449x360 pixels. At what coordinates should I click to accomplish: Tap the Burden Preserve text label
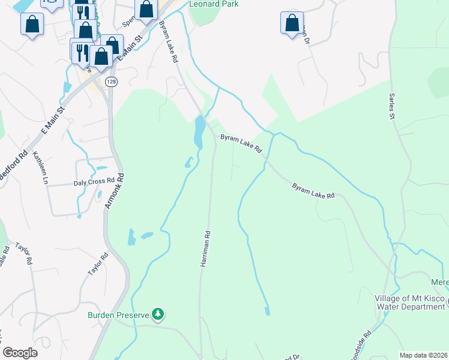click(x=118, y=314)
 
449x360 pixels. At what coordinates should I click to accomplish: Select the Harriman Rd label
click(x=205, y=248)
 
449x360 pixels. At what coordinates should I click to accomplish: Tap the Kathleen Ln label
click(x=41, y=168)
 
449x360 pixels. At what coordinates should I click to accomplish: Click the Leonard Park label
click(x=214, y=4)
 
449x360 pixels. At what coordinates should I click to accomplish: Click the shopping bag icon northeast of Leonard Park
click(x=292, y=24)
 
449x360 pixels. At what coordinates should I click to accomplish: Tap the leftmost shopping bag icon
click(x=32, y=24)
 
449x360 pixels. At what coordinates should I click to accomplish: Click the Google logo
click(x=20, y=353)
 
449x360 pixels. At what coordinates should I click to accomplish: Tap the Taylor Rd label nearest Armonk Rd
click(x=98, y=264)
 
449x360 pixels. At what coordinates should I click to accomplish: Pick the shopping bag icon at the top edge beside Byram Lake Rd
click(x=146, y=9)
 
